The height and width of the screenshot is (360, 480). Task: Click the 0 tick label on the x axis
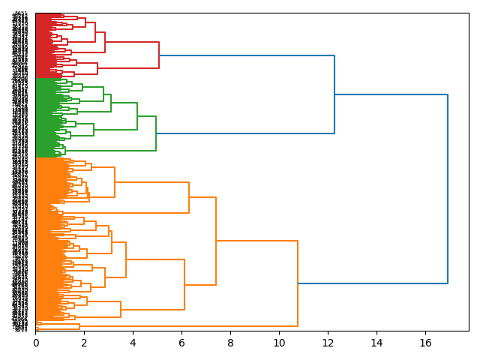click(x=35, y=343)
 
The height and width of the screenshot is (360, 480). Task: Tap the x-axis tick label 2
click(x=84, y=343)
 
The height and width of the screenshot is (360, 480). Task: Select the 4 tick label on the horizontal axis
click(x=133, y=343)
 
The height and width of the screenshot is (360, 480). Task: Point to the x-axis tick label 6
click(x=181, y=343)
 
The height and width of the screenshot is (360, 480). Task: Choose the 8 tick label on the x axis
click(x=230, y=343)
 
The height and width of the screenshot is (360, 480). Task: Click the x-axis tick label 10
click(x=279, y=343)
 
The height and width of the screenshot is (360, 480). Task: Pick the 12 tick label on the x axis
click(x=328, y=343)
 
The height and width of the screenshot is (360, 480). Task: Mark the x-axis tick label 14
click(x=376, y=343)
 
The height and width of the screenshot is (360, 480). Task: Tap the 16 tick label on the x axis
click(x=425, y=343)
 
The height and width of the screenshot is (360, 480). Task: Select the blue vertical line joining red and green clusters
click(x=334, y=94)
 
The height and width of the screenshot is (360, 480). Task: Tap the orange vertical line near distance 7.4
click(x=216, y=241)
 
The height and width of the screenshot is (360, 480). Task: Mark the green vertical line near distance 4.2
click(x=137, y=116)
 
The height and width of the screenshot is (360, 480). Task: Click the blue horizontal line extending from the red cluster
click(x=247, y=55)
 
